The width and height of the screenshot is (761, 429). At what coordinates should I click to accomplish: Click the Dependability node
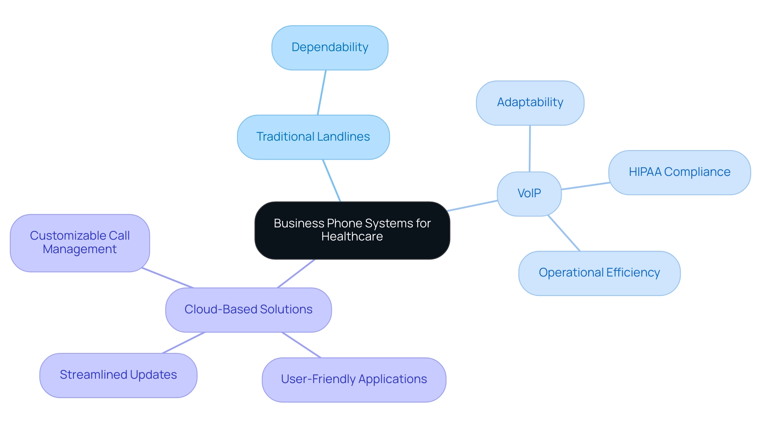point(330,48)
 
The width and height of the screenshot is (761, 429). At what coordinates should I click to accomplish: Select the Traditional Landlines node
point(313,137)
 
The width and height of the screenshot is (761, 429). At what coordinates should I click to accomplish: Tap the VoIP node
point(529,194)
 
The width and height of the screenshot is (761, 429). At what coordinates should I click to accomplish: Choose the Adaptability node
point(530,103)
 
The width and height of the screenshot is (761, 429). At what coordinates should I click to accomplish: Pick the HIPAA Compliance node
point(679,172)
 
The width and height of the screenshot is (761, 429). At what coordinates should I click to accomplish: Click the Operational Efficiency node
point(599,273)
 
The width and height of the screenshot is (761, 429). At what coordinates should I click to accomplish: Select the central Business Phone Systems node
point(352,230)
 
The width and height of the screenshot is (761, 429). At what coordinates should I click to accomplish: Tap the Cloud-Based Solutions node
point(248,310)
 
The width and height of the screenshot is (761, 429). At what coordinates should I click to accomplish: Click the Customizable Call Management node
point(80,243)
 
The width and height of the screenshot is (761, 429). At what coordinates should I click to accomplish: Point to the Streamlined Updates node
point(118,375)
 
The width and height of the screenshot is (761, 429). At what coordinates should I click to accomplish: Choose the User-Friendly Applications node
point(354,379)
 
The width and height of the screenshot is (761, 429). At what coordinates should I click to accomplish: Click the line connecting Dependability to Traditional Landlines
point(321,93)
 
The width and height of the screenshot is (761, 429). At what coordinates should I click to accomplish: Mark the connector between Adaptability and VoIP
point(530,149)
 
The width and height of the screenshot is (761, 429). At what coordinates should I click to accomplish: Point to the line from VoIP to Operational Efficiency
point(564,233)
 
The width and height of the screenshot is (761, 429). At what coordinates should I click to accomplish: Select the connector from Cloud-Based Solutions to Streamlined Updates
point(184,343)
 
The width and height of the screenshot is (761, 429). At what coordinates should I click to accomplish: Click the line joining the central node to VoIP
point(472,206)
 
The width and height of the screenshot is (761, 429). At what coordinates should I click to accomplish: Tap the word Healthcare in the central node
point(352,237)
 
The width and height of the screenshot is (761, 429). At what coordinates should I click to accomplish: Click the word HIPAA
point(645,172)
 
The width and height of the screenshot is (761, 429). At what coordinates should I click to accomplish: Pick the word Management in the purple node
point(80,250)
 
